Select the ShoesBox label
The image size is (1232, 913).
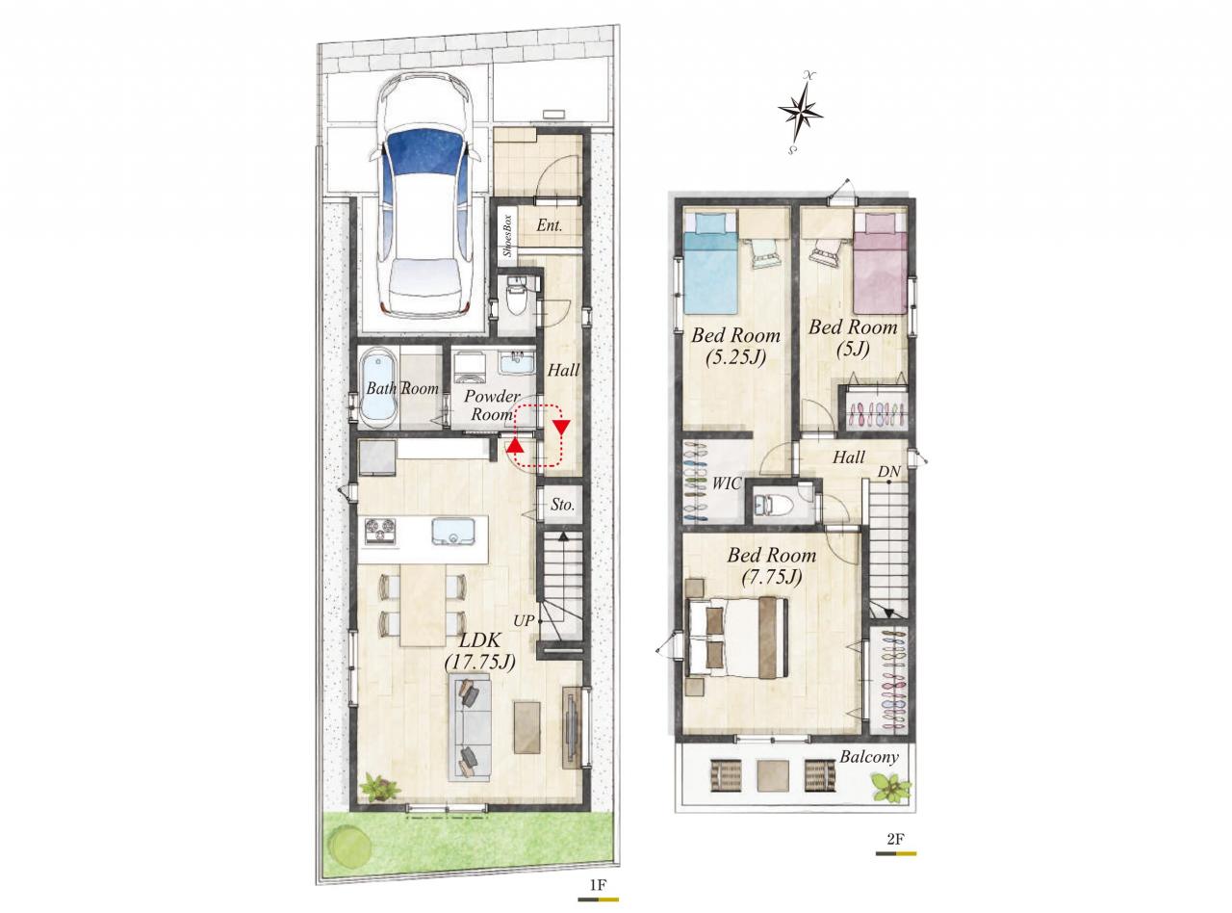(507, 235)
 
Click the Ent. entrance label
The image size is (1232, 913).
(550, 225)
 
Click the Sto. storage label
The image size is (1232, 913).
(562, 505)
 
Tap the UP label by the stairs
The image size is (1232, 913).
(524, 620)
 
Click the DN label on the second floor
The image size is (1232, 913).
(888, 472)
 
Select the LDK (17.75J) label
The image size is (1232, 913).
(480, 650)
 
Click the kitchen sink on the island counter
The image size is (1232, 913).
(453, 531)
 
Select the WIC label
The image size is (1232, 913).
(727, 483)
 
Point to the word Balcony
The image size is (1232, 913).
(869, 757)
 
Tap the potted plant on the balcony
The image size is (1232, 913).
(890, 788)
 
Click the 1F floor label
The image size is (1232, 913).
(598, 885)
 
